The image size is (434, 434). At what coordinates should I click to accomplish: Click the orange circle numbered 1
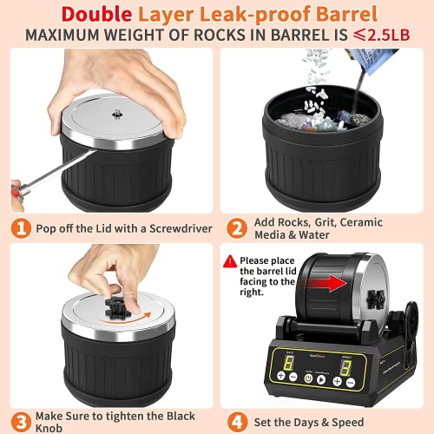20,229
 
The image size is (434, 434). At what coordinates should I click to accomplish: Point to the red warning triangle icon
229,260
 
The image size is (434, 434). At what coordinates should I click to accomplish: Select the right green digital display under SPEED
345,368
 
